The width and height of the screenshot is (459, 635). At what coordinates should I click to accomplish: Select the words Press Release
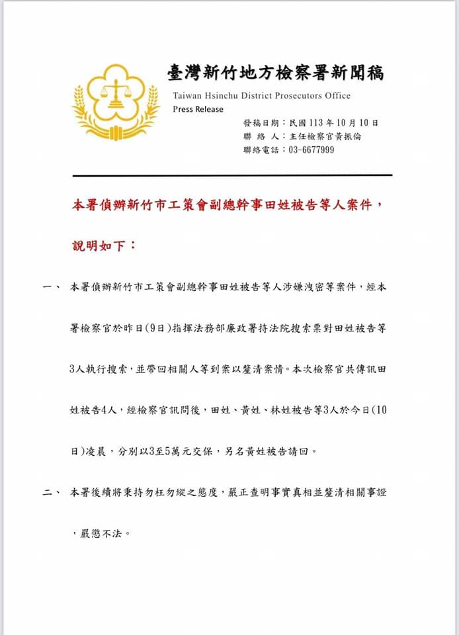(198, 109)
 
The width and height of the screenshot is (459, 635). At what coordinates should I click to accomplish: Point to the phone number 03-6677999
(312, 150)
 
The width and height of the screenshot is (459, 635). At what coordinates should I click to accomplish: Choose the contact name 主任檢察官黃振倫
(325, 136)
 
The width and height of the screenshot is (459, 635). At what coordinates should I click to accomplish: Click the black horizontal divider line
(232, 175)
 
